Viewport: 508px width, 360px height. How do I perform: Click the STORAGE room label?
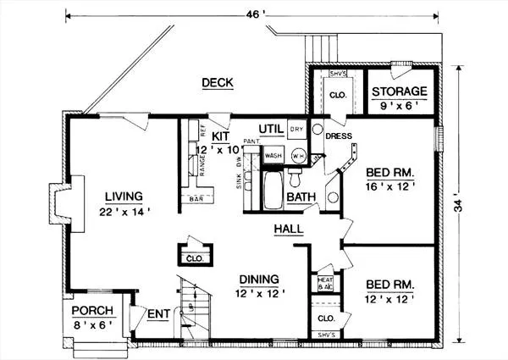401,91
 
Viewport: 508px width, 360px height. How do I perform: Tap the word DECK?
218,82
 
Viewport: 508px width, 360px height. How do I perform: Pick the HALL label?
288,230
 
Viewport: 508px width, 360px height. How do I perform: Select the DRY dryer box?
296,130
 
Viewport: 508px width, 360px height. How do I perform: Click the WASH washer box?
273,156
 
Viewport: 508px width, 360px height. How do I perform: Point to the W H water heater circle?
297,155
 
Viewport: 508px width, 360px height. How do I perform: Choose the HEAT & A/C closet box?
325,284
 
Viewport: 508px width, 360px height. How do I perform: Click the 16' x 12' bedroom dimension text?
390,186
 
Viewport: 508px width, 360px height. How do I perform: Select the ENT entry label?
157,314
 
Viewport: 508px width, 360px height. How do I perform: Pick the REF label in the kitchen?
202,130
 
